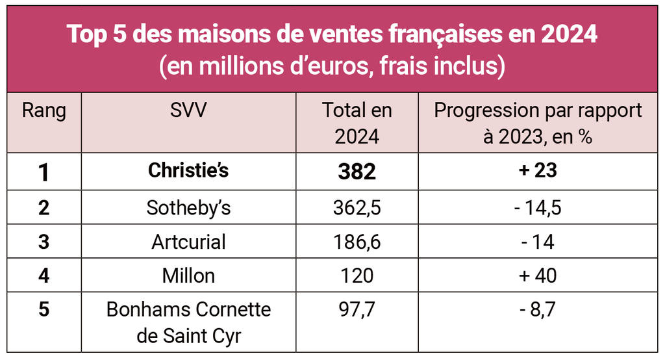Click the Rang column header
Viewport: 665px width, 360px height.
[x=44, y=110]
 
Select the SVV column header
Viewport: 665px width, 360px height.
[x=188, y=110]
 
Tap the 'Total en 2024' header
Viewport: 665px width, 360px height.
[x=357, y=123]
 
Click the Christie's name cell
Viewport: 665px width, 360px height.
[x=188, y=171]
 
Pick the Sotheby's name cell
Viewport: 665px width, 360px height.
[x=188, y=208]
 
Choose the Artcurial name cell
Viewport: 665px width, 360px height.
[x=188, y=242]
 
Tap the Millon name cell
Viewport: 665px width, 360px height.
[x=188, y=276]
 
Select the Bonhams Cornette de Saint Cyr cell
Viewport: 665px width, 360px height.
[x=188, y=323]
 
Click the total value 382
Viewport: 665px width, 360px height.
[x=357, y=172]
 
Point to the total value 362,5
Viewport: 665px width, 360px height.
[x=357, y=208]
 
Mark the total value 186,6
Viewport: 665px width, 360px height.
[x=357, y=242]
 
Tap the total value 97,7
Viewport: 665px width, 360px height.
[x=357, y=309]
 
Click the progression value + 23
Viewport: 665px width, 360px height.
[x=538, y=171]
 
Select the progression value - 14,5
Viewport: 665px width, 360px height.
[x=538, y=208]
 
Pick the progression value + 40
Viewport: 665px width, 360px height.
[x=538, y=276]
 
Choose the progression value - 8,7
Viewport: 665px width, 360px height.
[x=538, y=309]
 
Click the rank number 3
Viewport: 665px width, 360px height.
[x=44, y=242]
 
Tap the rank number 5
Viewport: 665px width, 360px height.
[x=44, y=309]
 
